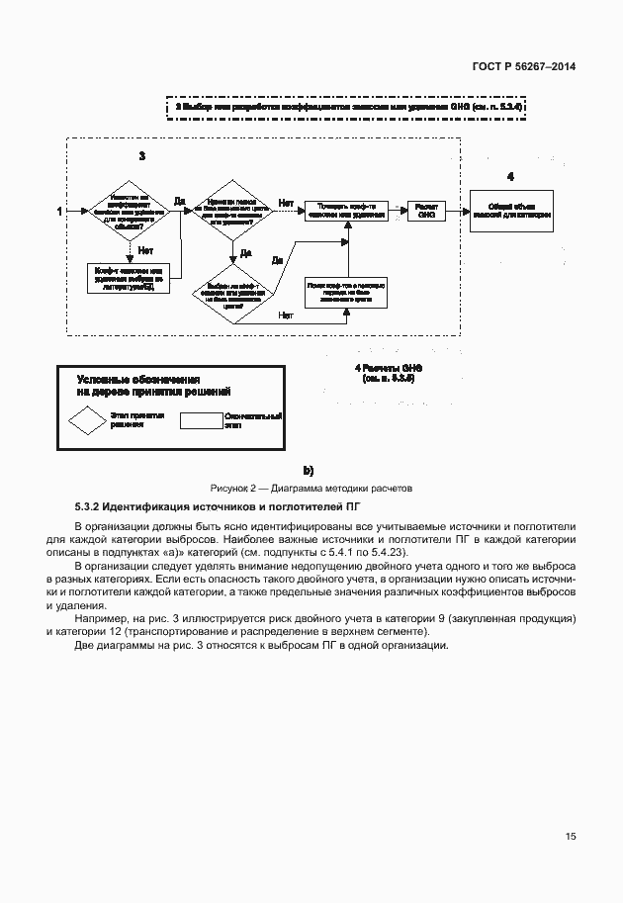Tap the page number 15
pyautogui.click(x=571, y=837)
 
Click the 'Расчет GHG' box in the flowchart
pyautogui.click(x=426, y=212)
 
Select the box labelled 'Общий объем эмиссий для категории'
pyautogui.click(x=510, y=211)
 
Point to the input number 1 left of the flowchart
pyautogui.click(x=59, y=212)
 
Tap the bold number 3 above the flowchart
pyautogui.click(x=142, y=156)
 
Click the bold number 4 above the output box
pyautogui.click(x=510, y=176)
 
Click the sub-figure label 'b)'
pyautogui.click(x=309, y=471)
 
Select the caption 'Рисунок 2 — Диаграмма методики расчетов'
pyautogui.click(x=311, y=488)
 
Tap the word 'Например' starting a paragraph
pyautogui.click(x=96, y=618)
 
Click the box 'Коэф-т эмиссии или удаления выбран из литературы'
pyautogui.click(x=133, y=278)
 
